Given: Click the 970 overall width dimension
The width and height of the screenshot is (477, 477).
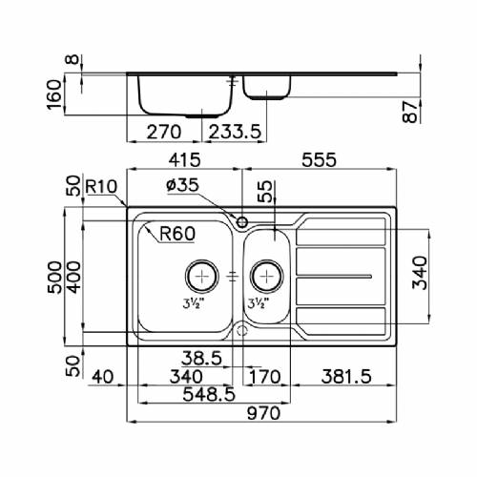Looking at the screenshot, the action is point(263,413).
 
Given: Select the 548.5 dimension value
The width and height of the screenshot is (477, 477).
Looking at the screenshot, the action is point(209,395).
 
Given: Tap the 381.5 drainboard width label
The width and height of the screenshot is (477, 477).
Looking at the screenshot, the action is point(346,377).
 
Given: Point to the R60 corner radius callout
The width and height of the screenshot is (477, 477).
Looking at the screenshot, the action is point(177,234).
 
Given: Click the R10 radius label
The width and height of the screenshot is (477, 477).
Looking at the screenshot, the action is point(101,186).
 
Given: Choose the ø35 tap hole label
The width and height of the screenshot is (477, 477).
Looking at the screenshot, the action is point(182,185).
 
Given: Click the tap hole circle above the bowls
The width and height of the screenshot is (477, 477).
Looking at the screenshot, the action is point(242,222).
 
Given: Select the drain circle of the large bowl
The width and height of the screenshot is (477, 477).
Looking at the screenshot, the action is point(202,276).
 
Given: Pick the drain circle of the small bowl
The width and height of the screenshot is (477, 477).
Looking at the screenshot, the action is point(266,276).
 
